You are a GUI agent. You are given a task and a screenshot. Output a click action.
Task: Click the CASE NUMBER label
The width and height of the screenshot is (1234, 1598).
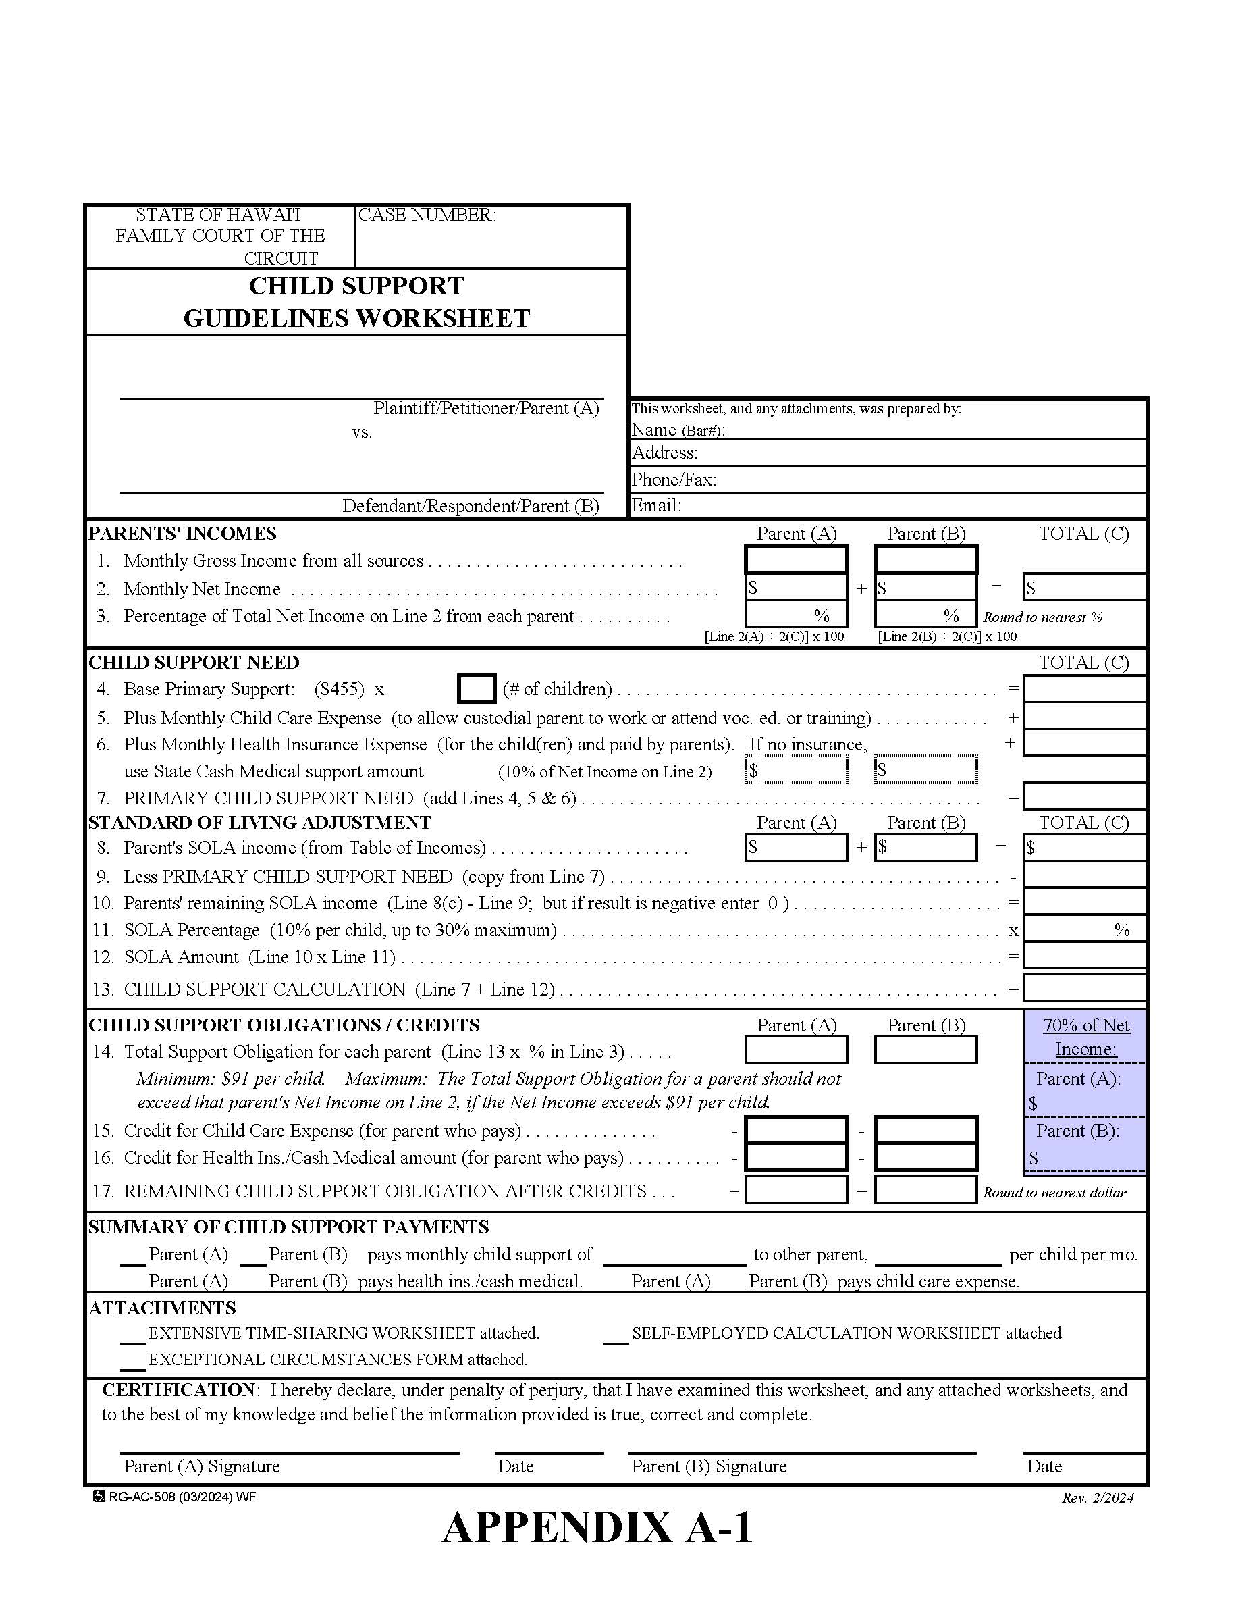pos(427,214)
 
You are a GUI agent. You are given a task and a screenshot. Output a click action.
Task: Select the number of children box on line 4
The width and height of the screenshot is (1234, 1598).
pos(476,688)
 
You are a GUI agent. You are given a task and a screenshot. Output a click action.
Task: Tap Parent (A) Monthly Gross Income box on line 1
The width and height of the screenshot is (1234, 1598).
pos(796,561)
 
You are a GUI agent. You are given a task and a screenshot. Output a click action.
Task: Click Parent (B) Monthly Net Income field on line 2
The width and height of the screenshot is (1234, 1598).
pos(925,588)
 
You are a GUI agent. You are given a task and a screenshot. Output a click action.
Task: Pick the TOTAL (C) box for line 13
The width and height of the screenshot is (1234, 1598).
pos(1083,987)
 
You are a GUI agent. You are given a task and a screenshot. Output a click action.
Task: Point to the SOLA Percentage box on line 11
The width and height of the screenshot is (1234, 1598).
pos(1083,929)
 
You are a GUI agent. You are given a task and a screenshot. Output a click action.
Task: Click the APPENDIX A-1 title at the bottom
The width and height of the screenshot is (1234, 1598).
pos(597,1528)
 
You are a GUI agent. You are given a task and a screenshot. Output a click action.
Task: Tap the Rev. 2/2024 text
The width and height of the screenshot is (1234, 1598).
pos(1097,1498)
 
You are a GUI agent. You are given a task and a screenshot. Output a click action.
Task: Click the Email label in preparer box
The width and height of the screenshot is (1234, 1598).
pos(656,506)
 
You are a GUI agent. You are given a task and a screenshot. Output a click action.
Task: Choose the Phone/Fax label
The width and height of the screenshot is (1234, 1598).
pos(674,480)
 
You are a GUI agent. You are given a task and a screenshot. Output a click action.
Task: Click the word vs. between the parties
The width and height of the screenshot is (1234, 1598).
pos(362,432)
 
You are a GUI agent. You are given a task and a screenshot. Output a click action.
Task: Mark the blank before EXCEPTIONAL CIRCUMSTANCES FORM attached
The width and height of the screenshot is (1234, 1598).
pos(133,1360)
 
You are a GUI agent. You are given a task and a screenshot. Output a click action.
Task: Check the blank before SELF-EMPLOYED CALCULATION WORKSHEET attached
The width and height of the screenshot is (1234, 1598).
pos(615,1334)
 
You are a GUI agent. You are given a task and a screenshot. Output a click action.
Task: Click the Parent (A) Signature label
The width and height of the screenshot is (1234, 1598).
pos(202,1466)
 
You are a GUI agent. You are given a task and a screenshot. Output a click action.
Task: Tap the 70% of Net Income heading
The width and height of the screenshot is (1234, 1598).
pos(1085,1037)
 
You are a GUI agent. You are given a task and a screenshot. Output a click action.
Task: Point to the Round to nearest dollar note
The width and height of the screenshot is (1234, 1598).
pos(1054,1193)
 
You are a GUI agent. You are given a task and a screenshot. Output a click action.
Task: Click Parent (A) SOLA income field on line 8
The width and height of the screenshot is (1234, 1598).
pos(796,847)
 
